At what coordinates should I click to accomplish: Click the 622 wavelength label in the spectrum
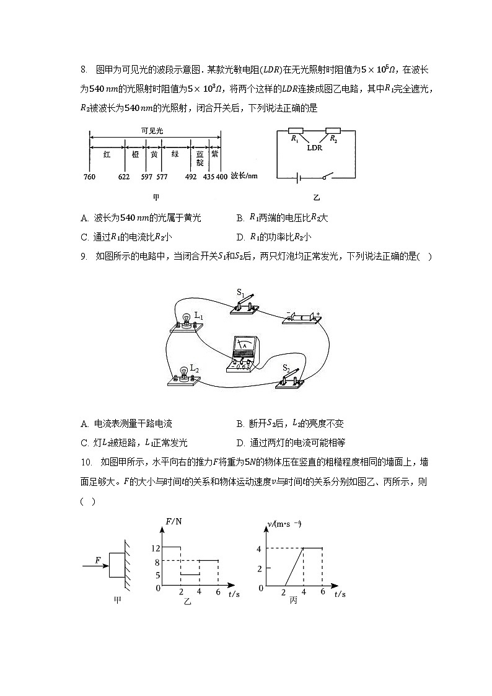pos(123,177)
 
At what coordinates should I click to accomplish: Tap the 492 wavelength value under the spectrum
pos(191,177)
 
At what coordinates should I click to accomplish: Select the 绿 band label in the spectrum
pos(175,154)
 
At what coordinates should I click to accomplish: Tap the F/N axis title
pos(174,521)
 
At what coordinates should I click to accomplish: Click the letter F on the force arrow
pos(98,560)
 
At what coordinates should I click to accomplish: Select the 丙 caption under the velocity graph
pos(292,600)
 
